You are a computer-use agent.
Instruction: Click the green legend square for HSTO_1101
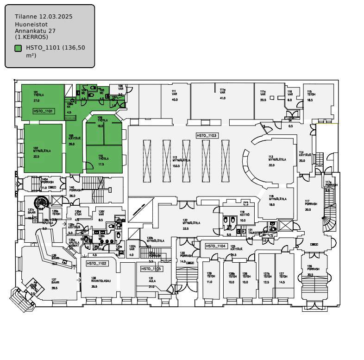coord(18,48)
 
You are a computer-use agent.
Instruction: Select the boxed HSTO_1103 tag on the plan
coord(207,136)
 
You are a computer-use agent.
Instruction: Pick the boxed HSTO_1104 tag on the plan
coord(216,246)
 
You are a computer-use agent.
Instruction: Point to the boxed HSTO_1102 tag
coord(97,263)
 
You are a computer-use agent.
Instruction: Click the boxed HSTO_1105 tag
coord(151,269)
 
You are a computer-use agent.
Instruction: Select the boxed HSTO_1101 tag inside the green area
coord(44,111)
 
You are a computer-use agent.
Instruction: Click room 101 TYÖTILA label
coord(36,95)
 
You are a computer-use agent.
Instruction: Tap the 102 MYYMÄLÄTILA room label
coord(42,151)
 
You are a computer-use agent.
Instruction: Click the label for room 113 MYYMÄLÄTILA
coord(278,159)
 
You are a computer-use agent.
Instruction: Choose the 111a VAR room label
coord(222,92)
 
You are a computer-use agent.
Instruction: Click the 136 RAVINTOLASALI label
coord(100,280)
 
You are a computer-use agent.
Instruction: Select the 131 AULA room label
coord(151,281)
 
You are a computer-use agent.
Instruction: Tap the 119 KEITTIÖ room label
coord(245,215)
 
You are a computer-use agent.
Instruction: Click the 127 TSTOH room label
coord(282,276)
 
